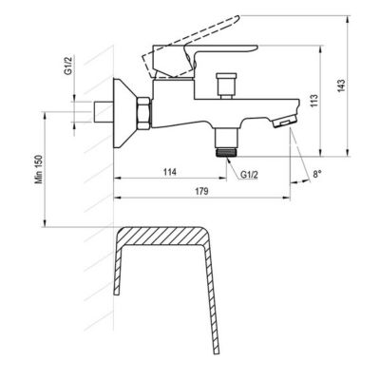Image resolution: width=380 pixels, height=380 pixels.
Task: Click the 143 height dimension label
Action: click(x=341, y=85)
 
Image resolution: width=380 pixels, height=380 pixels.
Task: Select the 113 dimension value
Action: click(x=314, y=101)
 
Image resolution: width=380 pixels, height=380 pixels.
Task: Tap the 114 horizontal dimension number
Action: click(x=170, y=172)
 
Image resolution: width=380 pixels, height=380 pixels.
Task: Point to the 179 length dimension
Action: click(x=201, y=191)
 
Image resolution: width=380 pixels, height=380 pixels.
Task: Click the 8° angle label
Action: click(x=317, y=174)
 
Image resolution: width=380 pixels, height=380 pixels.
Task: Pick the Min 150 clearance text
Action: click(x=39, y=169)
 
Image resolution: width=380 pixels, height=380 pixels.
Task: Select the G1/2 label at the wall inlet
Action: click(x=68, y=65)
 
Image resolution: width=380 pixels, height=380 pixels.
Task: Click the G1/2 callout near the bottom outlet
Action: click(x=249, y=175)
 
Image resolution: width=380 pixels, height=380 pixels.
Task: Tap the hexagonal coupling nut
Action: click(x=143, y=113)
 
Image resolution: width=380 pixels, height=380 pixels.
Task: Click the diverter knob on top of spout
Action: click(x=226, y=85)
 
